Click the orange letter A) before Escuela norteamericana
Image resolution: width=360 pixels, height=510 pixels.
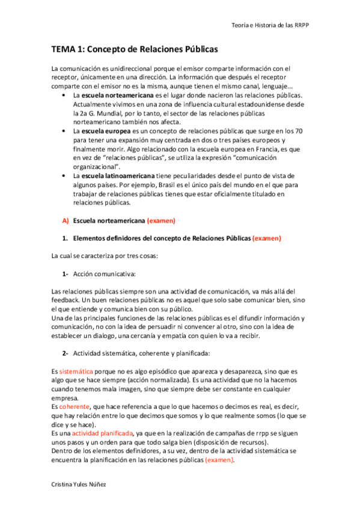click(66, 221)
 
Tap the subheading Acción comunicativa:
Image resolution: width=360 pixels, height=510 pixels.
click(104, 274)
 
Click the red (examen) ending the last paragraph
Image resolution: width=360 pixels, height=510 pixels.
click(219, 460)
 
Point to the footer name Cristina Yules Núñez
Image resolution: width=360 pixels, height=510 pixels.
click(81, 484)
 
